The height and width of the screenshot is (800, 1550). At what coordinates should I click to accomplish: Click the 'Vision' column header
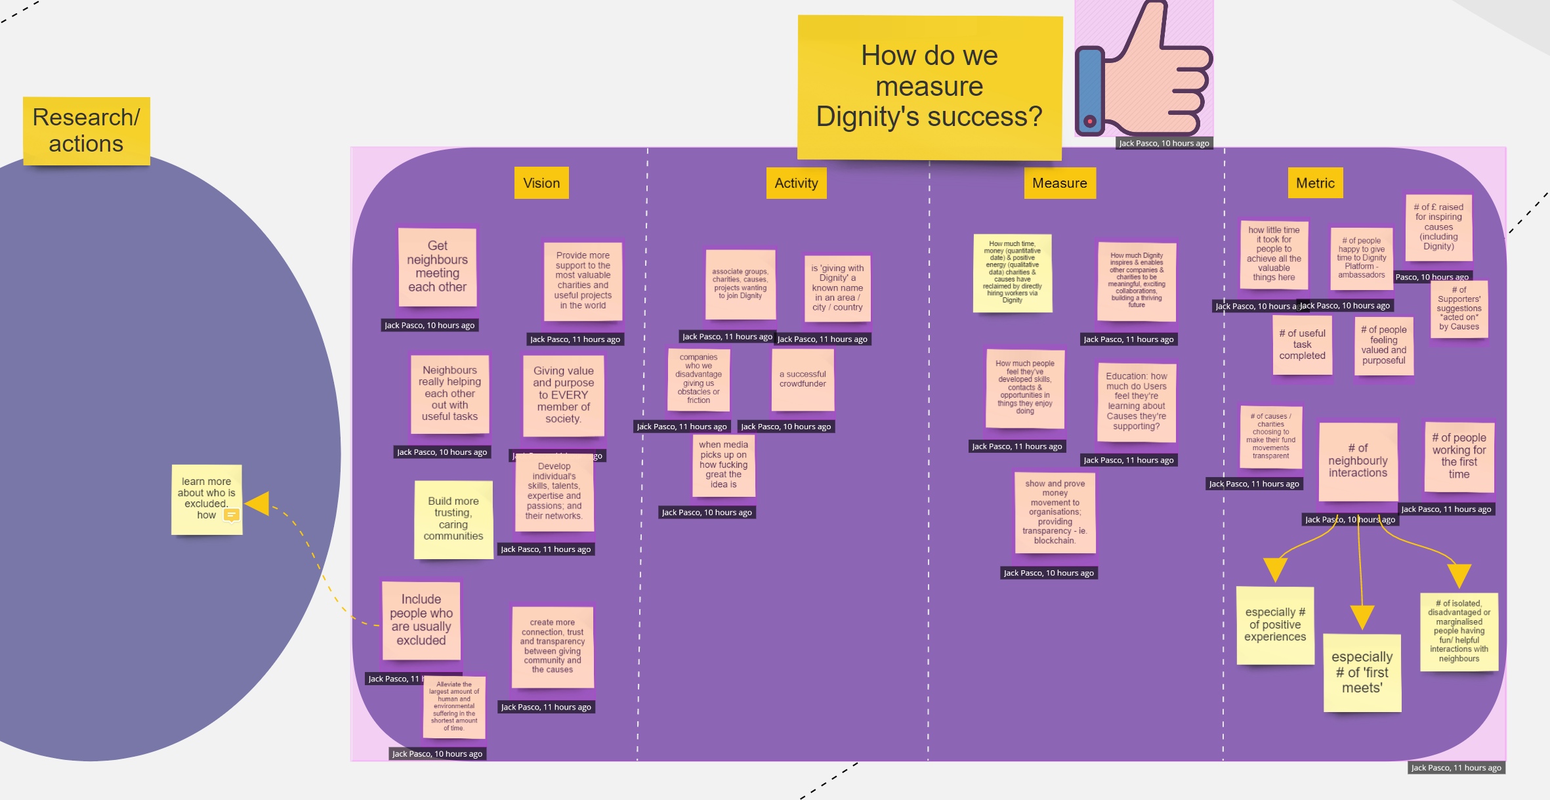[x=541, y=183]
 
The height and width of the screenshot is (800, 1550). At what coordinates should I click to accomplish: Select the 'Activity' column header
[x=796, y=183]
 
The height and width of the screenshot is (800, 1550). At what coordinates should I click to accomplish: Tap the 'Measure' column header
[x=1059, y=183]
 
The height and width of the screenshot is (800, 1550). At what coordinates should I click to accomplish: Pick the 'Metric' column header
[x=1315, y=183]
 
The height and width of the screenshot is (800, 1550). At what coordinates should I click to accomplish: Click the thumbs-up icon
[x=1144, y=69]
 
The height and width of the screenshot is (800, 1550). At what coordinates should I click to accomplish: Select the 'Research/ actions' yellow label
[x=86, y=131]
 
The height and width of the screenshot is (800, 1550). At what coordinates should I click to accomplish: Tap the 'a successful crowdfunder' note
[x=803, y=379]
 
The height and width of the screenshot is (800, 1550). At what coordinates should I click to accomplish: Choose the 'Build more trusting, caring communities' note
[x=453, y=519]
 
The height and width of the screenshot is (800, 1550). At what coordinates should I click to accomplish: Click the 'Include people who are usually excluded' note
[x=421, y=620]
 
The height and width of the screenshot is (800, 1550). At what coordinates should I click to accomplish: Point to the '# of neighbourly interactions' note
[x=1358, y=461]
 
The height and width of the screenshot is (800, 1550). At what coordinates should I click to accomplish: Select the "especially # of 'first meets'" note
[x=1362, y=673]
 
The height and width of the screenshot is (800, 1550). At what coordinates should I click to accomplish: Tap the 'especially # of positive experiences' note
[x=1275, y=625]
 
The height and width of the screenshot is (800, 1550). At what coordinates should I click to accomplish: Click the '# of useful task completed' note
[x=1302, y=345]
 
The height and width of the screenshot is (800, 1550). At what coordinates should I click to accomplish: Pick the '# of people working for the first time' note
[x=1459, y=457]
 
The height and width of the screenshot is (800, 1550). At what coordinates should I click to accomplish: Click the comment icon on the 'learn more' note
[x=231, y=516]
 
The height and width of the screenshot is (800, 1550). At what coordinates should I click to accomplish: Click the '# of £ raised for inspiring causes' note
[x=1438, y=227]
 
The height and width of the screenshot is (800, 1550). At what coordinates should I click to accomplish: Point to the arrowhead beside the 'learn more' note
[x=259, y=504]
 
